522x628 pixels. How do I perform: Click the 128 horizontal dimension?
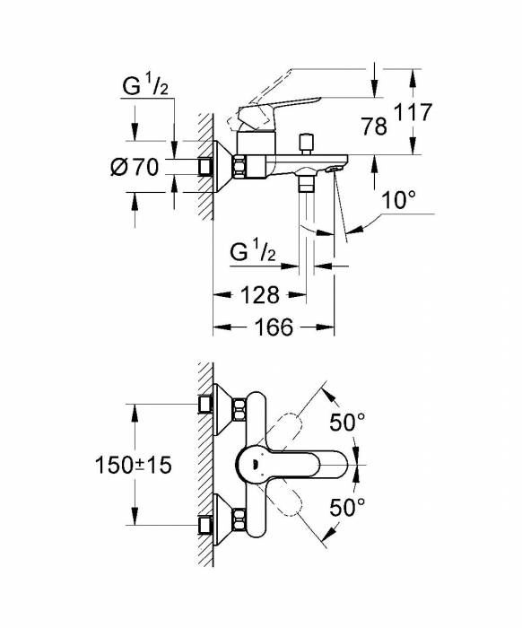[259, 294]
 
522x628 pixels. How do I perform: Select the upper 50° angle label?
[347, 421]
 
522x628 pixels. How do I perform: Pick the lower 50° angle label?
[347, 508]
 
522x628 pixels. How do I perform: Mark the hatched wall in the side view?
[206, 161]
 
